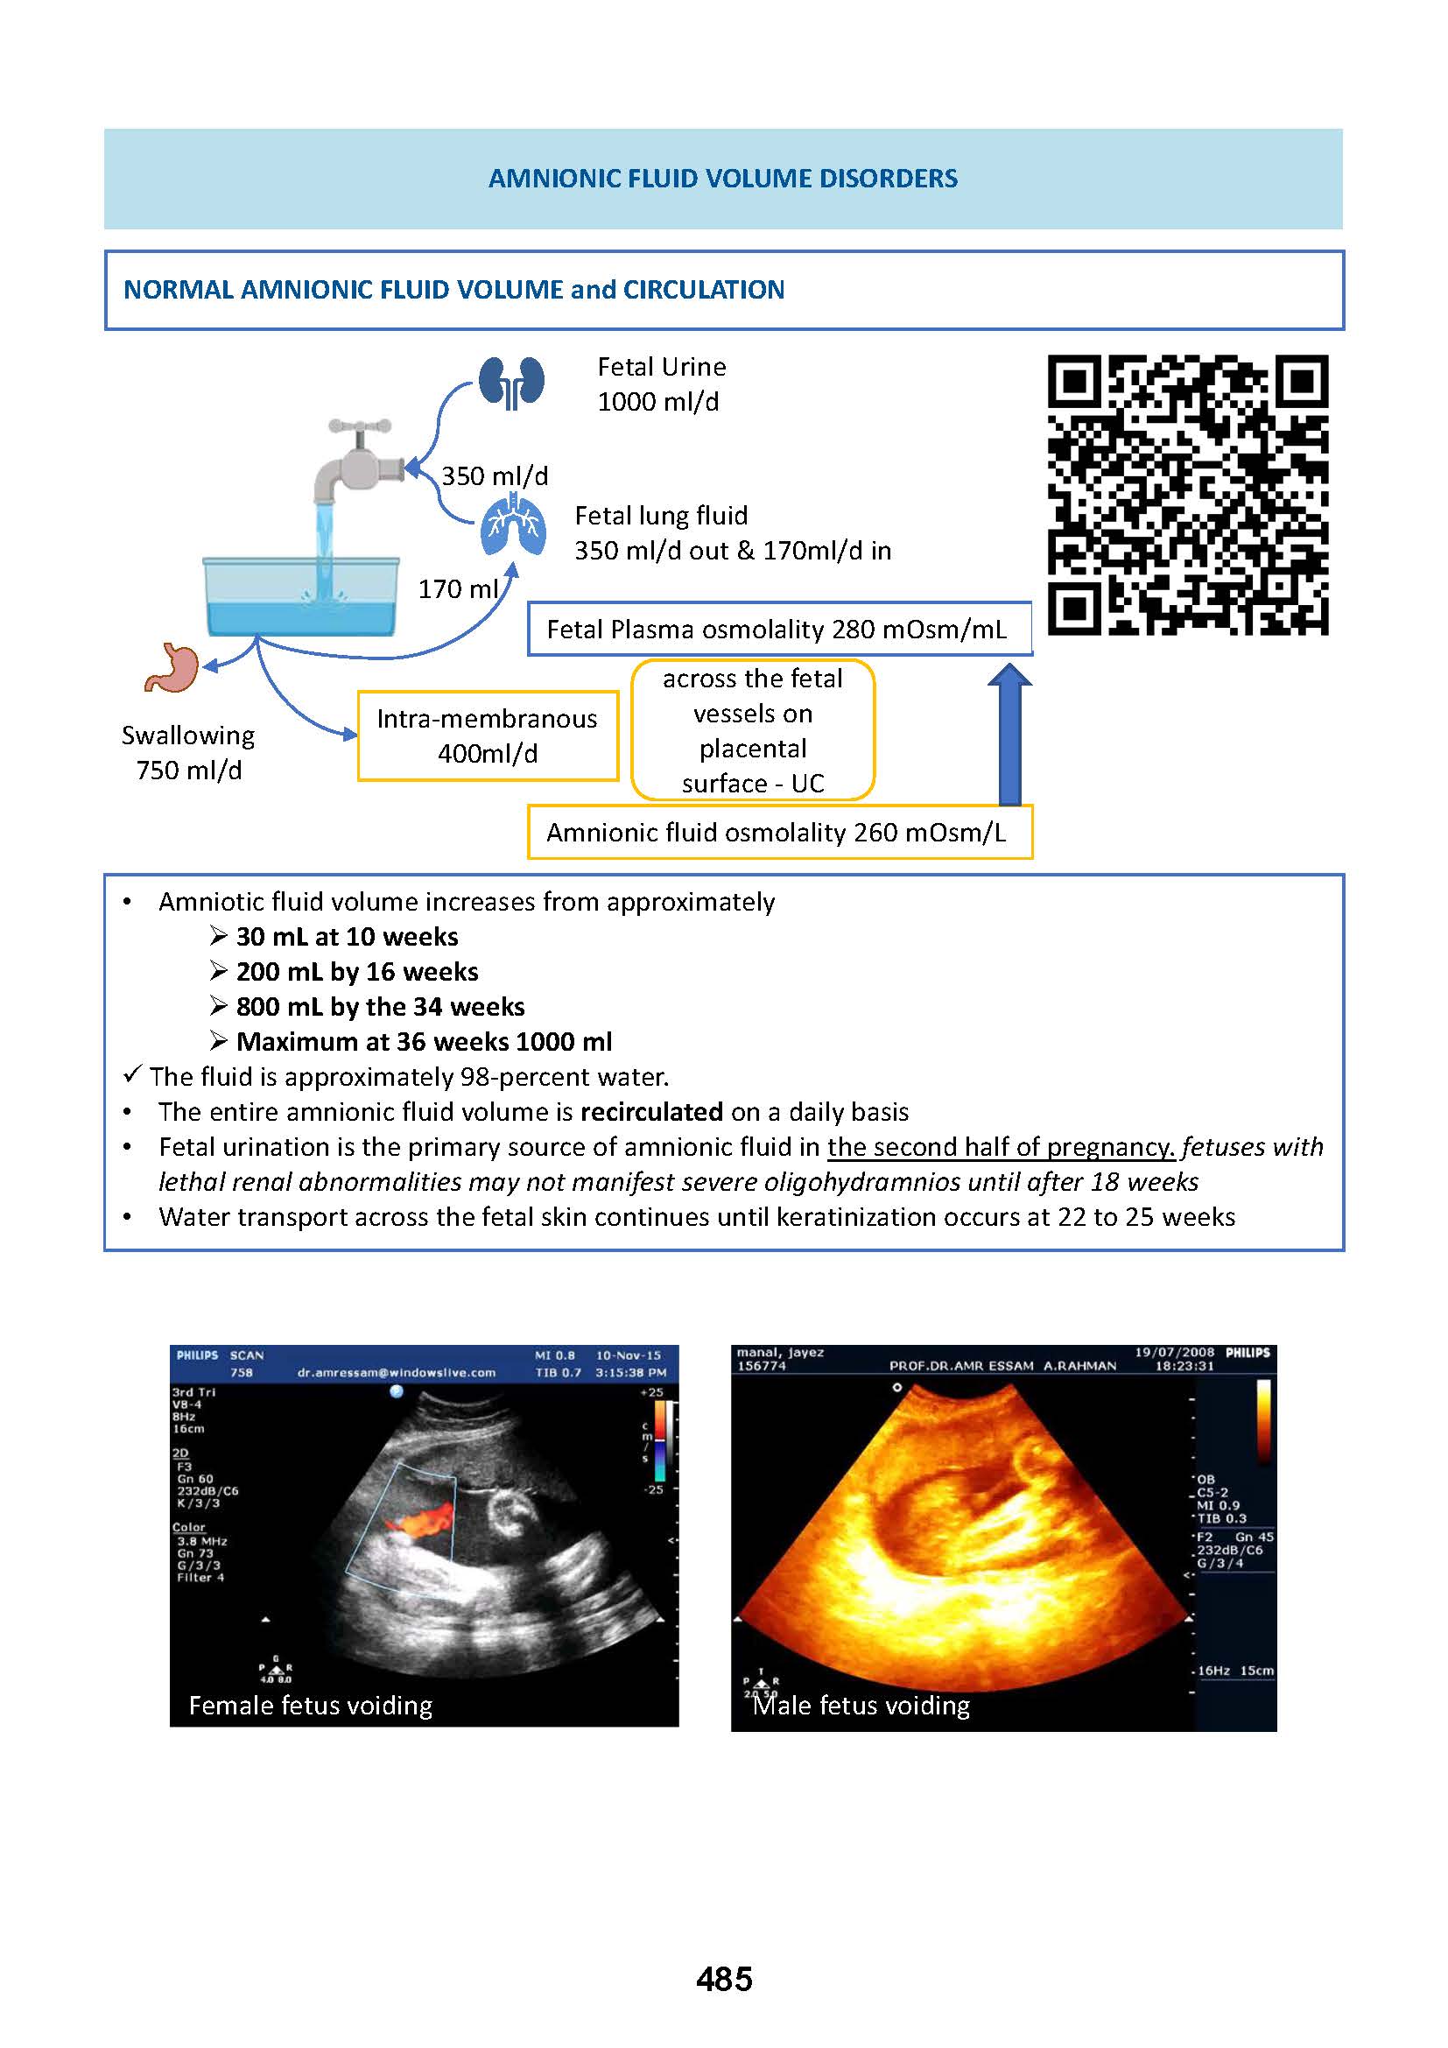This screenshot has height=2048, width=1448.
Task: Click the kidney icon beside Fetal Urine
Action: pos(511,382)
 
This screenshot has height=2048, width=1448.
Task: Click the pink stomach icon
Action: pos(172,667)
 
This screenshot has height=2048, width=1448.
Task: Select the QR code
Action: pos(1187,495)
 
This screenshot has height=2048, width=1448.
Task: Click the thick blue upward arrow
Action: pos(1009,734)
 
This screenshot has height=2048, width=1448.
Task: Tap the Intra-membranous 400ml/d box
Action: pos(487,735)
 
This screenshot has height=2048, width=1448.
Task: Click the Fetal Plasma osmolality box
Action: pos(778,630)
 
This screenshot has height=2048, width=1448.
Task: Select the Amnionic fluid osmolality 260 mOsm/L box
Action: pos(778,832)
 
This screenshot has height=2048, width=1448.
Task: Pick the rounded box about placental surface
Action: pos(753,730)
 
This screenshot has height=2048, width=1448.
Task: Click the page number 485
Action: pos(724,1979)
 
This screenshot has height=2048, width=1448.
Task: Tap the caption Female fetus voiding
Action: pos(310,1705)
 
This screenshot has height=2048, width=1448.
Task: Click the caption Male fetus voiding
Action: pos(861,1705)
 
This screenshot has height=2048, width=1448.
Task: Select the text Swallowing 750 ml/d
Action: pos(188,752)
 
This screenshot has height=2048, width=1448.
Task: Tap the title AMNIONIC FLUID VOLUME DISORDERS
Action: pos(723,179)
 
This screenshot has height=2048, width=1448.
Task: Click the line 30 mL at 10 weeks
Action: pos(347,937)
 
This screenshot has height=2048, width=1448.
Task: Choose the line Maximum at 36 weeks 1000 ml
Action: pos(424,1042)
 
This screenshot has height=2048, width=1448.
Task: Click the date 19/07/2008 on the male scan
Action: pos(1174,1352)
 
